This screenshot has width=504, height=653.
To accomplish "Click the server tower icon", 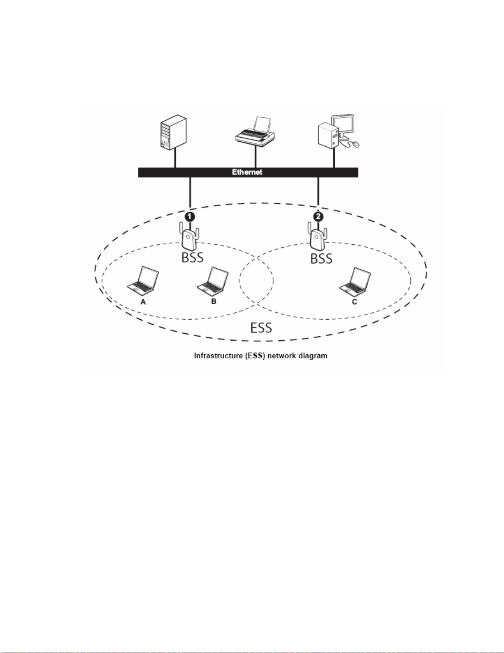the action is (173, 132).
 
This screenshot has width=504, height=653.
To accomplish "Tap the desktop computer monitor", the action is (343, 126).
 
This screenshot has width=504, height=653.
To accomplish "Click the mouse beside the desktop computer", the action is (356, 145).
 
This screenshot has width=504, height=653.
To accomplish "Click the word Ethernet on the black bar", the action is (247, 172).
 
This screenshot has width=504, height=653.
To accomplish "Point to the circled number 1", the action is (190, 217).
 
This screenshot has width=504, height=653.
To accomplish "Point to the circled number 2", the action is (318, 217).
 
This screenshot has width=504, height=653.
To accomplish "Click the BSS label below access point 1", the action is (193, 258).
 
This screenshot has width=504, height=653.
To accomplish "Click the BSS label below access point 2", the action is (321, 259).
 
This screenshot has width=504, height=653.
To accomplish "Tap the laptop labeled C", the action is (355, 282).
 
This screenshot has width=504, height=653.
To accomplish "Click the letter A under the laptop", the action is (143, 302).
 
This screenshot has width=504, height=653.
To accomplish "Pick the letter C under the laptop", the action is (355, 302).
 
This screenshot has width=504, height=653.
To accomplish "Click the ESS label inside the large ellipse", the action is (261, 328).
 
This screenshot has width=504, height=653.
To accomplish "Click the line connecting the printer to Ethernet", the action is (255, 157).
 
